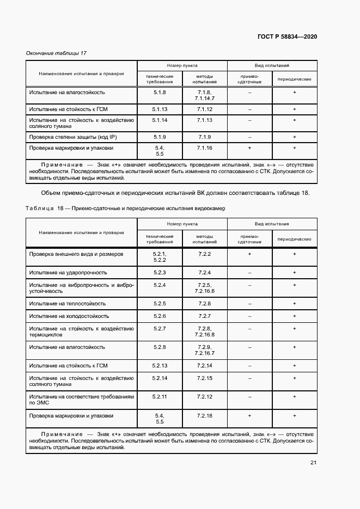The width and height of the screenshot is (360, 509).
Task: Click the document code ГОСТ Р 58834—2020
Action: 287,36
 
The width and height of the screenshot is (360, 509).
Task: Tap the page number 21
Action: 313,463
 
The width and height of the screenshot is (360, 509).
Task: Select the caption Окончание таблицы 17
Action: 57,53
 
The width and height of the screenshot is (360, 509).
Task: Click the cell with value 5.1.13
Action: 160,109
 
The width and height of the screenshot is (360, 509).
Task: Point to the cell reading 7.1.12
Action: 205,109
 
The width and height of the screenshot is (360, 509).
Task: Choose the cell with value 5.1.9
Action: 160,136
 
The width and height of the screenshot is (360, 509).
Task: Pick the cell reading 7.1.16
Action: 205,148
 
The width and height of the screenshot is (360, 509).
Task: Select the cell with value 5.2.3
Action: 160,272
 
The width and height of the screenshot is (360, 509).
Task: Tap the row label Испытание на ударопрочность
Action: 68,272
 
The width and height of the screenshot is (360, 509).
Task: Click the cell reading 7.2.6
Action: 205,303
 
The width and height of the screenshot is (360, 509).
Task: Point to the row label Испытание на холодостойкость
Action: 69,316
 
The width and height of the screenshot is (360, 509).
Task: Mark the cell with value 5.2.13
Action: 160,365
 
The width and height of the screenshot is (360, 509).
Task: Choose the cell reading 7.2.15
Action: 205,378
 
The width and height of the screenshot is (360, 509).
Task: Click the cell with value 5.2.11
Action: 160,397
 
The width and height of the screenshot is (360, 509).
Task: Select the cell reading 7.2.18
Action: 205,416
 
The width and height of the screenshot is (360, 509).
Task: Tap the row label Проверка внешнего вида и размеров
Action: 76,254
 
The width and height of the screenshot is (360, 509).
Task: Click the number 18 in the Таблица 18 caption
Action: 60,209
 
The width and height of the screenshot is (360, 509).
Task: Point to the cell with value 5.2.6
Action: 160,316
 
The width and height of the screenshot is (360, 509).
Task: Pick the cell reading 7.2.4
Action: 205,272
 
